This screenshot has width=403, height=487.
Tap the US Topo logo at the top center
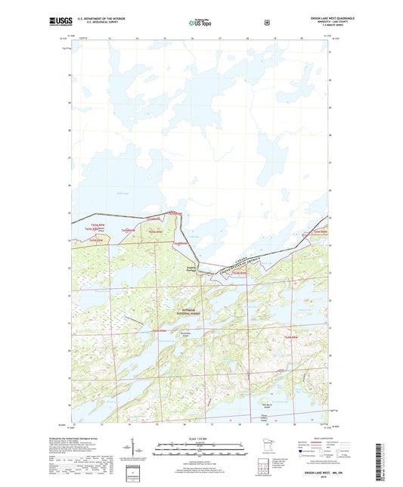tap(200, 23)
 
